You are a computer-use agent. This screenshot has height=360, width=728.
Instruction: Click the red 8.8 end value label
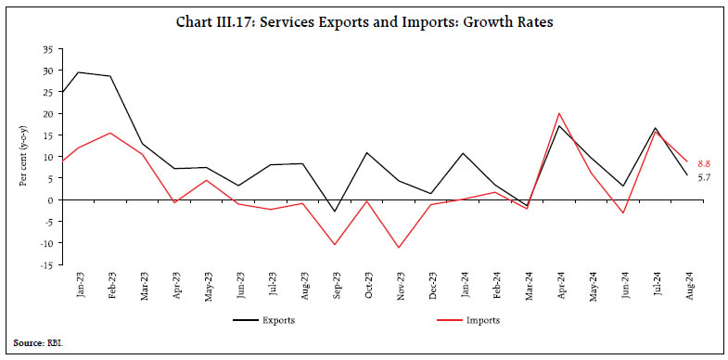(x=705, y=162)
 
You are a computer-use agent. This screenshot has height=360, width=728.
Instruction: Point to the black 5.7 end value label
(x=705, y=176)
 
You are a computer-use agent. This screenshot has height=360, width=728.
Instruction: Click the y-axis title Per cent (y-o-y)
(x=24, y=158)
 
